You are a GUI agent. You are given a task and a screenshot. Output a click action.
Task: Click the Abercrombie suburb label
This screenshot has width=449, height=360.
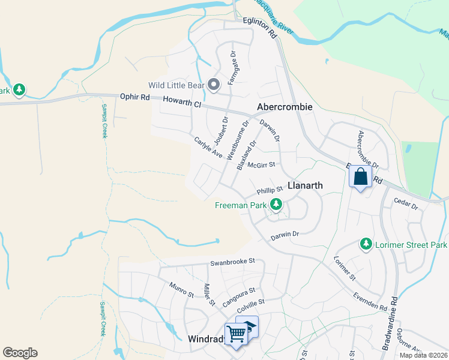coord(285,107)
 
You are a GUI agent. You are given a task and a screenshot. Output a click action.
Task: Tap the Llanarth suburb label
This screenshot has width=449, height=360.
coord(305,186)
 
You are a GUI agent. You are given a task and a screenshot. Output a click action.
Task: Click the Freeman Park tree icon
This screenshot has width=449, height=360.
coord(276,205)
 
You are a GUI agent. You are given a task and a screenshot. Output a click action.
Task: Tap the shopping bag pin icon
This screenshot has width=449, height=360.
coord(360,178)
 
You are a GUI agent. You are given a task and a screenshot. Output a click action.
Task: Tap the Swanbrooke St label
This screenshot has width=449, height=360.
coord(233,262)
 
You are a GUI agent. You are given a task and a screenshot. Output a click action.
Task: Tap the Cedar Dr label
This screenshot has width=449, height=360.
coord(406,203)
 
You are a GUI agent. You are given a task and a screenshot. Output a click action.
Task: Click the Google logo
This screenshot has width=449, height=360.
coord(20,353)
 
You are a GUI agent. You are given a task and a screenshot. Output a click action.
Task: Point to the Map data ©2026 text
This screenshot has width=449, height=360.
coord(423,355)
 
